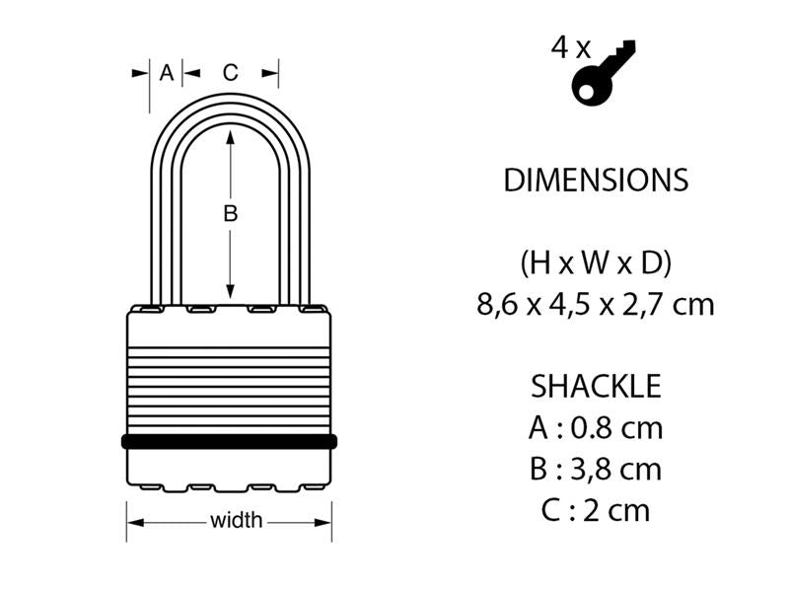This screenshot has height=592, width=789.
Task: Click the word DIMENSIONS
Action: coord(595,181)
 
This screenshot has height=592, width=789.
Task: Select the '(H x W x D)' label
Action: coord(595,263)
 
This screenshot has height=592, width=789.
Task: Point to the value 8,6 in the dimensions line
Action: coord(497,304)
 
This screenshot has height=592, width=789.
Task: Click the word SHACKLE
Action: coord(595,386)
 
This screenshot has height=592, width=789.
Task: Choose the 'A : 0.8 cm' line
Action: coord(595,428)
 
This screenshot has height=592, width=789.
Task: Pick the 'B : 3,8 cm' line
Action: coord(595,469)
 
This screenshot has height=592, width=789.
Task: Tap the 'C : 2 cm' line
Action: coord(595,510)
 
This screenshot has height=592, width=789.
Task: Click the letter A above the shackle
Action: coord(166,72)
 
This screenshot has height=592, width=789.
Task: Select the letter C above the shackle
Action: coord(230,72)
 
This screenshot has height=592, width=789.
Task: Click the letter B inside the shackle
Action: coord(230,213)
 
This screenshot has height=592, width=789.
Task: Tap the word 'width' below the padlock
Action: coord(237,520)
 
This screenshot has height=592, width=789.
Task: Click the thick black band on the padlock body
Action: coord(229,441)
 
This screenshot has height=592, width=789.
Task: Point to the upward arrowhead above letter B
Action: coord(230,140)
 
